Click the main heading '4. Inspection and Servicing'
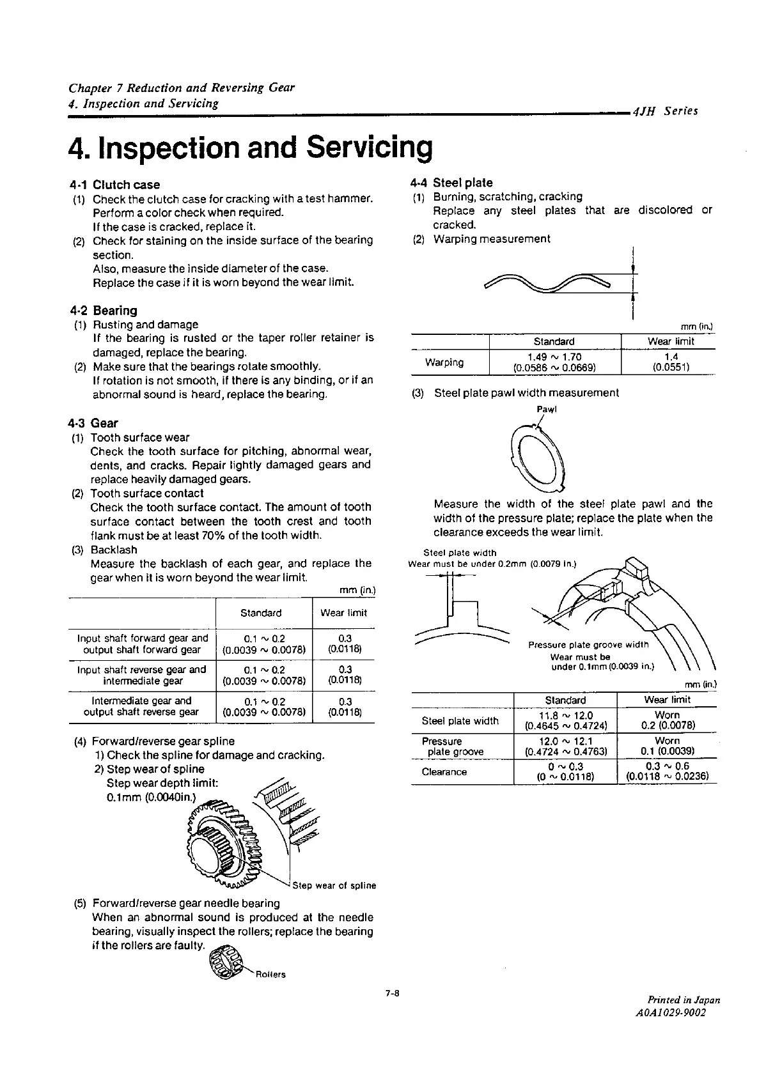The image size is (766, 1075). click(250, 148)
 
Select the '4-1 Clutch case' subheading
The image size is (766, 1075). click(115, 185)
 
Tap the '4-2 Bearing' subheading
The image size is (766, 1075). click(104, 311)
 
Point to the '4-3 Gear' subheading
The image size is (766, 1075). click(94, 423)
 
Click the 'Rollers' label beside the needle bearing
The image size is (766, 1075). click(270, 975)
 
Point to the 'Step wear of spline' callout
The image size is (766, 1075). click(334, 886)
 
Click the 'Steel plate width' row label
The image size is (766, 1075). click(460, 721)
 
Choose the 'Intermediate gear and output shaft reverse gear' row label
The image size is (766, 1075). click(141, 706)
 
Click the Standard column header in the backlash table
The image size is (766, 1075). click(261, 613)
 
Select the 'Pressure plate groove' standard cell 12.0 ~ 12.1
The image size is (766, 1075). click(566, 746)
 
